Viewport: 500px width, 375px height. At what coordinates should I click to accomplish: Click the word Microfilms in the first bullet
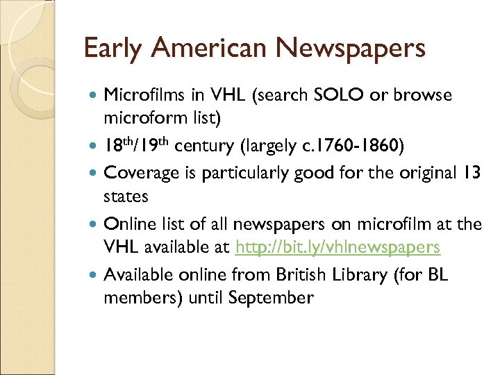pyautogui.click(x=140, y=94)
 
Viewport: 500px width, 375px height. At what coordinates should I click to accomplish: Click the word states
pyautogui.click(x=126, y=196)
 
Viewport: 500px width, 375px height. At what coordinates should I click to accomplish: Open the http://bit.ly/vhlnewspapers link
pyautogui.click(x=338, y=247)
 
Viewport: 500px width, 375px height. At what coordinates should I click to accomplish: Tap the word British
pyautogui.click(x=301, y=275)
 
